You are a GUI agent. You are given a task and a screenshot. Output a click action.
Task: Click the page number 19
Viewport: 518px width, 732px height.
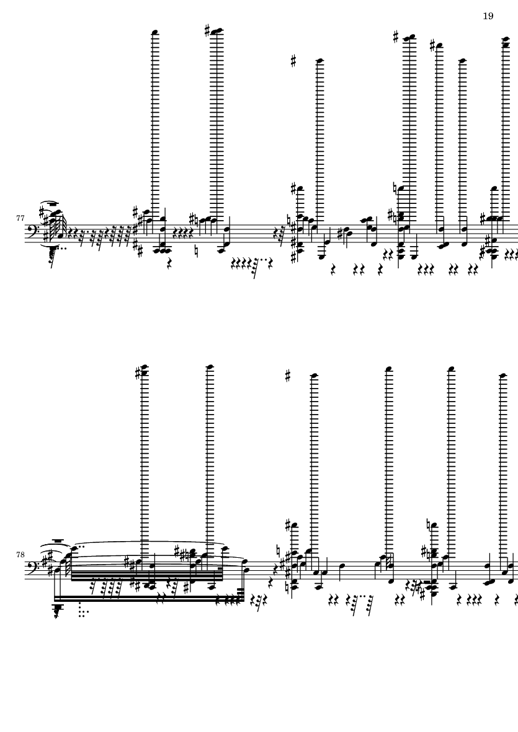pos(488,16)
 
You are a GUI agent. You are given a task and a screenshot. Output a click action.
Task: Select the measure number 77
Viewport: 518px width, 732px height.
pos(20,218)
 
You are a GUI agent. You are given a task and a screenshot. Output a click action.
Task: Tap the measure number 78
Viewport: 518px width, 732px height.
pos(20,555)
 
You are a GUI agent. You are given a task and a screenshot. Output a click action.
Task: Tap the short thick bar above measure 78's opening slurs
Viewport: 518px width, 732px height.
pos(57,540)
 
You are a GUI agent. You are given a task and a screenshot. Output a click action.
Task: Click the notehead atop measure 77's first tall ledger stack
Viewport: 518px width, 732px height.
pos(155,32)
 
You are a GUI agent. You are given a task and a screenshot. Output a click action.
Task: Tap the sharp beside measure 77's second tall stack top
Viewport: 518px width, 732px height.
pos(207,31)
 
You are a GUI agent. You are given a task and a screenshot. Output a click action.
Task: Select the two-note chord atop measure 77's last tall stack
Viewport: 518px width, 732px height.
pos(506,42)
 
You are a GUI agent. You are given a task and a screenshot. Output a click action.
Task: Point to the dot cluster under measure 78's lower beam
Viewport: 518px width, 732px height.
pos(83,609)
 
